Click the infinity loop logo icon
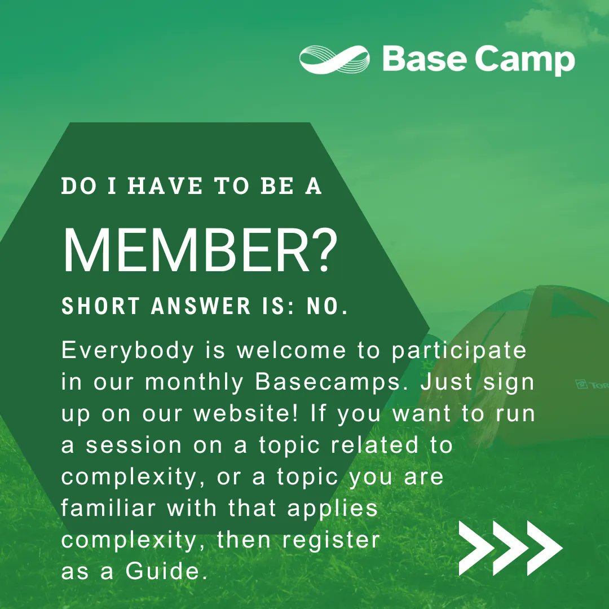[x=335, y=59]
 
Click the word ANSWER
[x=201, y=306]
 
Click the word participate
[x=459, y=351]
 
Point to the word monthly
[x=194, y=382]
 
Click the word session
[x=134, y=445]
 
